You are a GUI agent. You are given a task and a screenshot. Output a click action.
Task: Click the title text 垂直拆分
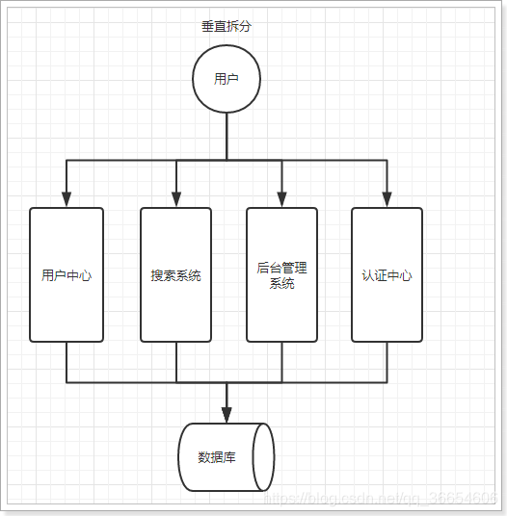click(227, 26)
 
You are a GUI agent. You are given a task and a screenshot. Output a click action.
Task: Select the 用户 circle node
click(227, 79)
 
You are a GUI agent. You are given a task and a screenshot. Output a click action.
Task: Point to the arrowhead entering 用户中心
click(67, 198)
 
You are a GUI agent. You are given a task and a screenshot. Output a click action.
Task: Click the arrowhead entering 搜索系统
click(176, 198)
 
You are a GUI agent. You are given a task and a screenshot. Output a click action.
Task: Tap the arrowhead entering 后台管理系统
click(281, 198)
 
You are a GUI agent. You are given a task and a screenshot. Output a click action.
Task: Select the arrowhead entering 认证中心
click(387, 198)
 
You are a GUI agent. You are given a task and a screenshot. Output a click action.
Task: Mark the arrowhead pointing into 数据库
click(227, 414)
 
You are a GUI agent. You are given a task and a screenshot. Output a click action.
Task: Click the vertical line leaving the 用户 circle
click(227, 135)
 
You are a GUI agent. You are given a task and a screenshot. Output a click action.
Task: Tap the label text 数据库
click(217, 457)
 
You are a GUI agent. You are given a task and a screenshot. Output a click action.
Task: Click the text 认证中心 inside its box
click(387, 275)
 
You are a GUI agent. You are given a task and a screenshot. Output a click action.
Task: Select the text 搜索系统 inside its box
click(176, 275)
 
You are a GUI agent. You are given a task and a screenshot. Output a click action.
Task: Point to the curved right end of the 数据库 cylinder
click(263, 457)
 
